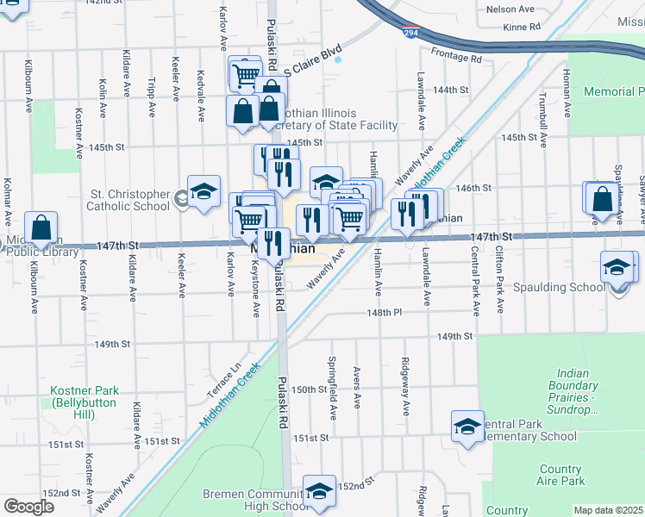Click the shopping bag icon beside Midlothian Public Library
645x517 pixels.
pos(41,229)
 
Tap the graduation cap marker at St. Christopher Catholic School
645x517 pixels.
pos(204,193)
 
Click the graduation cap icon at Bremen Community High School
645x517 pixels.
pos(319,492)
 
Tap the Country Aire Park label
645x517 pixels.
pos(561,475)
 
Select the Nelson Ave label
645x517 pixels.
pos(510,9)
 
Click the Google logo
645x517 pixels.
pos(28,507)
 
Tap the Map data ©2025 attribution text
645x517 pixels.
pos(608,510)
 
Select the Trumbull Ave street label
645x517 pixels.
pos(542,117)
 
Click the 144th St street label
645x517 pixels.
pos(450,90)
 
